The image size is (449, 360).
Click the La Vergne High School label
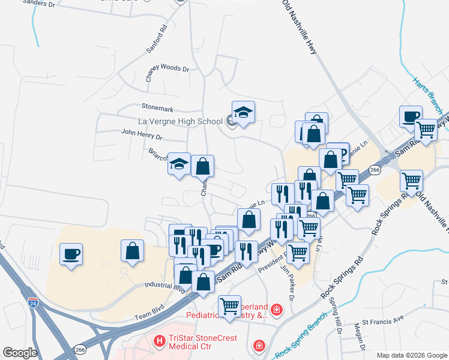[x=180, y=121]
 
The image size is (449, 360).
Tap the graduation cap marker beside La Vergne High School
[x=243, y=113]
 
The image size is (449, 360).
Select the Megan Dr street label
[x=360, y=336]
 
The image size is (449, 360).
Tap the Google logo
[x=20, y=353]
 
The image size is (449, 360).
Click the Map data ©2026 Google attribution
[x=412, y=355]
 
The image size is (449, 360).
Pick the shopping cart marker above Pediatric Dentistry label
[x=230, y=306]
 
